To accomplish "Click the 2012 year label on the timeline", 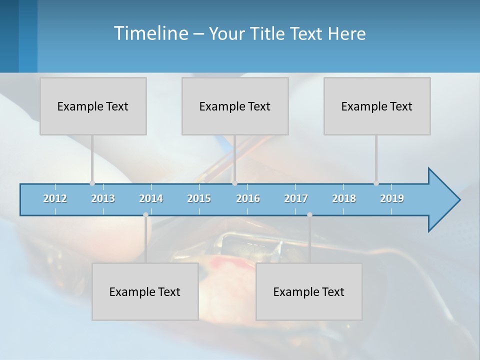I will [55, 198].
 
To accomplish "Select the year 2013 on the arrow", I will [103, 198].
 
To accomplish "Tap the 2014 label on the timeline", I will [151, 198].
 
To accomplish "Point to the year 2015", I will [199, 198].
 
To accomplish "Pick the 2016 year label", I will [248, 198].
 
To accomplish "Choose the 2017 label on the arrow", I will [296, 198].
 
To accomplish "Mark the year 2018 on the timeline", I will [344, 198].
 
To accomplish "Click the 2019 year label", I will [392, 198].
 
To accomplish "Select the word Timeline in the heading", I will [150, 33].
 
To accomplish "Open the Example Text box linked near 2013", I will [93, 106].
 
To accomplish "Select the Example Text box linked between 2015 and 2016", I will [235, 106].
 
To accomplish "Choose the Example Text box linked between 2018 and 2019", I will [377, 106].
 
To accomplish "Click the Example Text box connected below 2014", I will [145, 291].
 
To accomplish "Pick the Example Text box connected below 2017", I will [309, 291].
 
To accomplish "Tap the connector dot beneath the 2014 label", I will [145, 214].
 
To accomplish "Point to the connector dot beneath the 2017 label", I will [309, 214].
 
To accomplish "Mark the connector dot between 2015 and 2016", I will [234, 183].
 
